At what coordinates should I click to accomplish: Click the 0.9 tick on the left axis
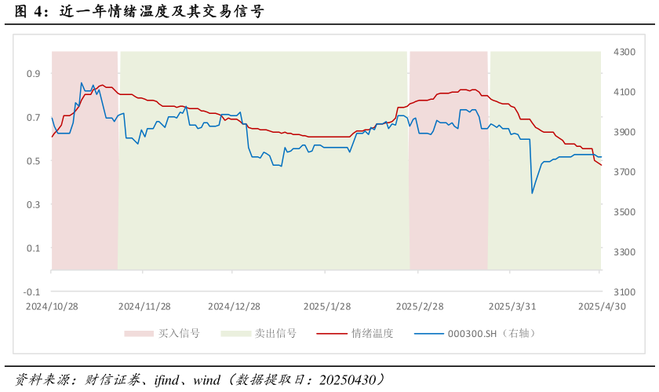34,74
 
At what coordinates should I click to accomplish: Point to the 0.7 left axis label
34,118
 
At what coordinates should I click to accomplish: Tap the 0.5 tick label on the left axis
34,161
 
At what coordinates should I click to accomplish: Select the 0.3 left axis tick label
34,205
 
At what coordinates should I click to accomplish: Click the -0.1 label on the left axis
32,292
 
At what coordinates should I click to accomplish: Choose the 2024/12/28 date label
234,306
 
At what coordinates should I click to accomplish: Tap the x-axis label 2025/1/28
326,306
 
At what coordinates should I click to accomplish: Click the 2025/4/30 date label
601,306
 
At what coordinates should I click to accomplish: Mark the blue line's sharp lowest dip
532,193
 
